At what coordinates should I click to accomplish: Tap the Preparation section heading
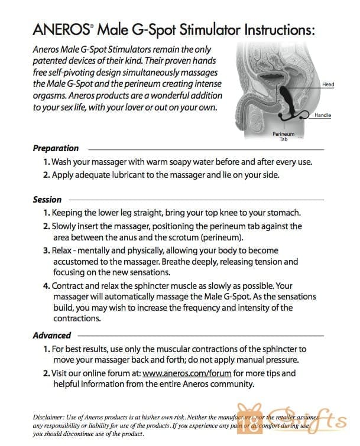[x=56, y=148]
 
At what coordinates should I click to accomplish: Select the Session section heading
[x=47, y=200]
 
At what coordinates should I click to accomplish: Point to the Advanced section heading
[x=51, y=336]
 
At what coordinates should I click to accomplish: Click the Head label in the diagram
[x=327, y=84]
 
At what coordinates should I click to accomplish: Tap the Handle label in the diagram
[x=323, y=115]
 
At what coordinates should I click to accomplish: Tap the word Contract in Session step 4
[x=69, y=286]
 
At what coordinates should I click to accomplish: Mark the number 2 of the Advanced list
[x=46, y=374]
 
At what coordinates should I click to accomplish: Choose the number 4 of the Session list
[x=46, y=286]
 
